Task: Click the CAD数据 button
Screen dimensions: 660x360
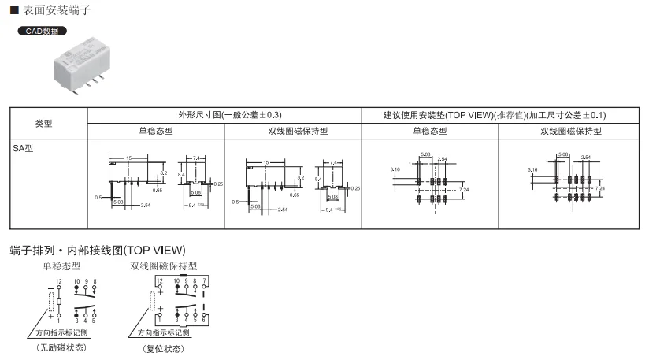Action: point(42,32)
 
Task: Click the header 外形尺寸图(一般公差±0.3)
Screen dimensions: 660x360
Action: point(224,114)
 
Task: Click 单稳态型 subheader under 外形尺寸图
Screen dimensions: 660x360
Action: point(156,131)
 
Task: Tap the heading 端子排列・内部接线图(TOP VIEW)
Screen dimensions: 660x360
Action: point(105,250)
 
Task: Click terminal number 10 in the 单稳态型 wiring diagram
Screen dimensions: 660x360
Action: point(77,281)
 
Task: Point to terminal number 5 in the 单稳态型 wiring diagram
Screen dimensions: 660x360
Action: point(94,321)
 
